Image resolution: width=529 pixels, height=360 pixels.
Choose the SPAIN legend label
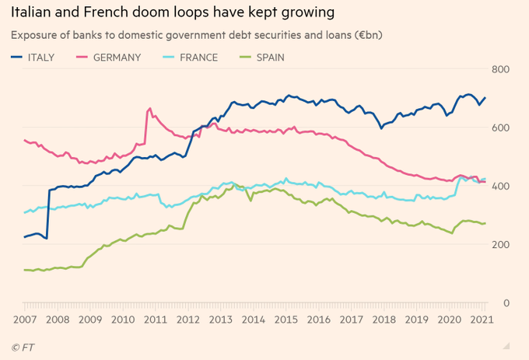pyautogui.click(x=268, y=57)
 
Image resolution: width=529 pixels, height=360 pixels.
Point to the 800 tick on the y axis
pyautogui.click(x=500, y=70)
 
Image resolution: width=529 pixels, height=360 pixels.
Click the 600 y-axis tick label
pyautogui.click(x=500, y=128)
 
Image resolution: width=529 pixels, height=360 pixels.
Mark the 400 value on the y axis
pyautogui.click(x=500, y=187)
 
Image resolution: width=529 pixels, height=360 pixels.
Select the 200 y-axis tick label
pyautogui.click(x=500, y=245)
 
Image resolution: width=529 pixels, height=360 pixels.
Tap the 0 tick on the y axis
pyautogui.click(x=505, y=303)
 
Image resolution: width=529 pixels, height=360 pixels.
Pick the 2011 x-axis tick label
pyautogui.click(x=156, y=320)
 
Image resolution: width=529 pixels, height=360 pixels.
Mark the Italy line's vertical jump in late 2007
pyautogui.click(x=48, y=214)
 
